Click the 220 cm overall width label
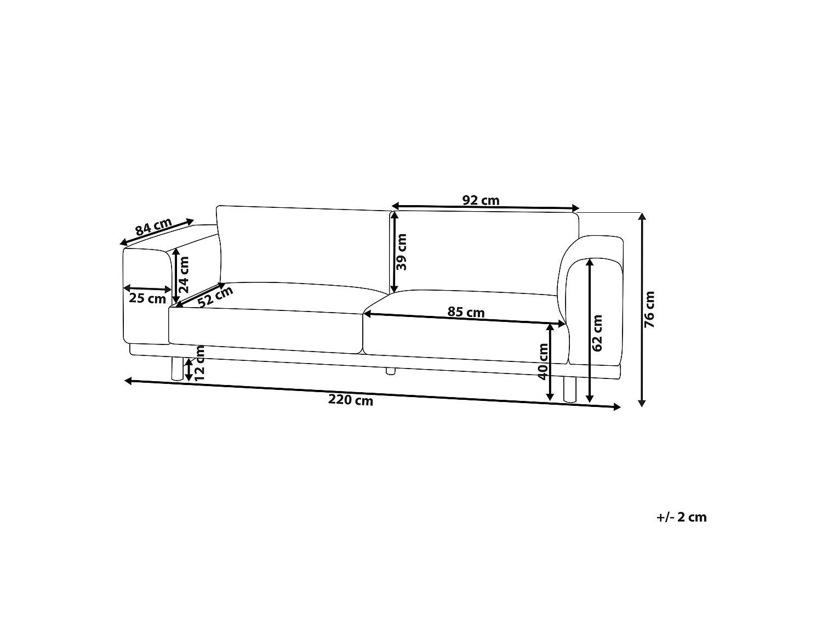(x=351, y=400)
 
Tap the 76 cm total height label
(x=649, y=309)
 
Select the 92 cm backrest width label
(x=481, y=200)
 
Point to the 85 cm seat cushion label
(x=466, y=312)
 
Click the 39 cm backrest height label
(x=402, y=252)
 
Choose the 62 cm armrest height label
(x=597, y=333)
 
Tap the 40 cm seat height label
(x=543, y=361)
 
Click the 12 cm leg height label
(x=200, y=363)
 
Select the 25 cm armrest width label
(x=147, y=298)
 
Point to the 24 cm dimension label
(x=184, y=275)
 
